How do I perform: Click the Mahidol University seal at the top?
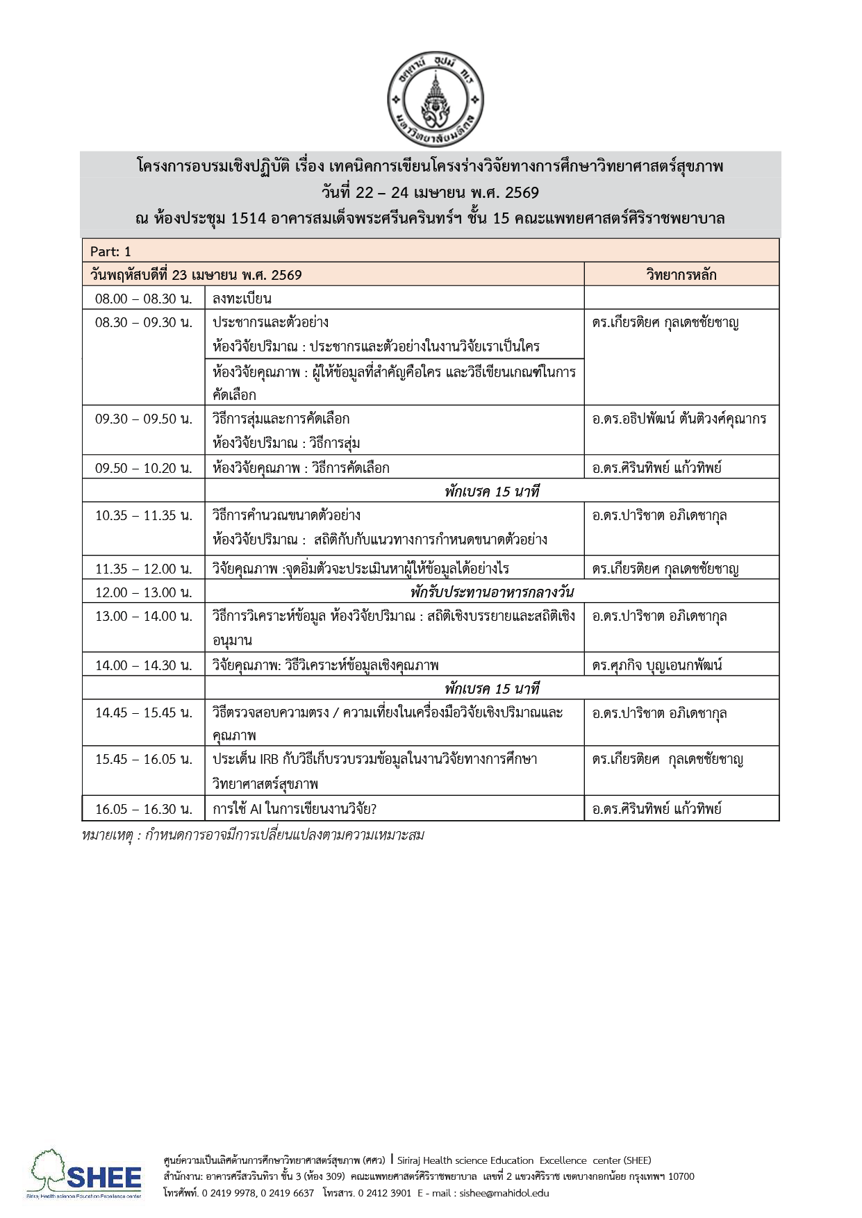[x=435, y=100]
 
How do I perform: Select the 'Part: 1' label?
[x=110, y=251]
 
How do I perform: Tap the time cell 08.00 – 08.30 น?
[x=144, y=299]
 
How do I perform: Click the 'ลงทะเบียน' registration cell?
[x=242, y=299]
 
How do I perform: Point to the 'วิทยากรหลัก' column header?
[x=681, y=275]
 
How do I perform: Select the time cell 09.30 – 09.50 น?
[x=144, y=419]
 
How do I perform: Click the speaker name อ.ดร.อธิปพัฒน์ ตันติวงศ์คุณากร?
[x=679, y=419]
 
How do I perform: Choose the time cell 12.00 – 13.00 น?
[x=144, y=592]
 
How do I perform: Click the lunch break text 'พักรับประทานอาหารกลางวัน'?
[x=492, y=592]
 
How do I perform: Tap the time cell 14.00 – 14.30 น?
[x=144, y=665]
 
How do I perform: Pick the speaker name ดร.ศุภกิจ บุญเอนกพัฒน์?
[x=657, y=665]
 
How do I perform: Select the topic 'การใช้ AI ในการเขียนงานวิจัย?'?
[x=295, y=809]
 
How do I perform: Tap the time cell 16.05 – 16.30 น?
[x=144, y=809]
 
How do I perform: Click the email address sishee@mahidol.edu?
[x=504, y=1193]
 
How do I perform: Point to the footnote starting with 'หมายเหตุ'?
[x=253, y=835]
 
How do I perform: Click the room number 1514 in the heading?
[x=248, y=219]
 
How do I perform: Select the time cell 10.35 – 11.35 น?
[x=144, y=516]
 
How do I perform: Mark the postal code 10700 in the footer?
[x=681, y=1176]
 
